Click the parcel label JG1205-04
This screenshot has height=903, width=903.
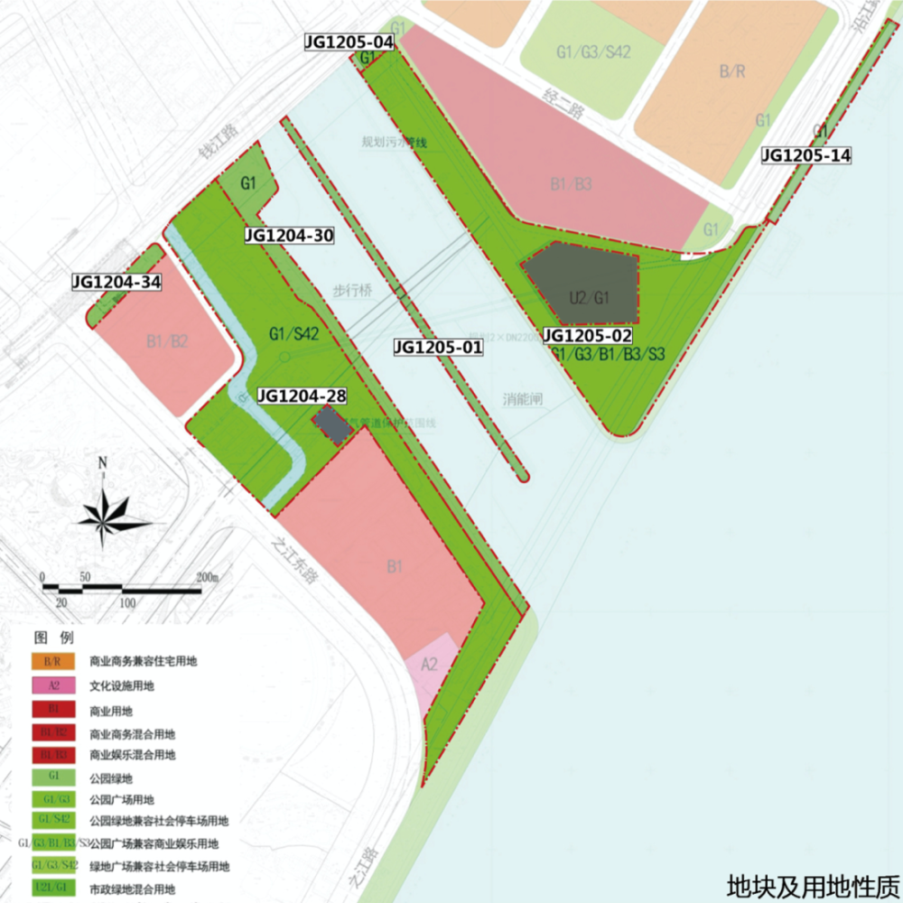[x=349, y=42]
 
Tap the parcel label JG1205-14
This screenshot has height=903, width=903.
[x=806, y=155]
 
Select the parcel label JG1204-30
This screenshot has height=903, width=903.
[x=290, y=236]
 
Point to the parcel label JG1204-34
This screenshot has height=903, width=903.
[x=116, y=283]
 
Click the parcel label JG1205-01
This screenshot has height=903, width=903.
[x=438, y=346]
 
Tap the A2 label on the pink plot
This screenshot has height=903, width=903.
[x=430, y=665]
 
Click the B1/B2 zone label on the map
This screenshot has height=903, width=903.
[x=166, y=341]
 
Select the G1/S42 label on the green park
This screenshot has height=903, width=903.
[x=293, y=333]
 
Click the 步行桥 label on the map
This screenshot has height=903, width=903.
[x=353, y=291]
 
